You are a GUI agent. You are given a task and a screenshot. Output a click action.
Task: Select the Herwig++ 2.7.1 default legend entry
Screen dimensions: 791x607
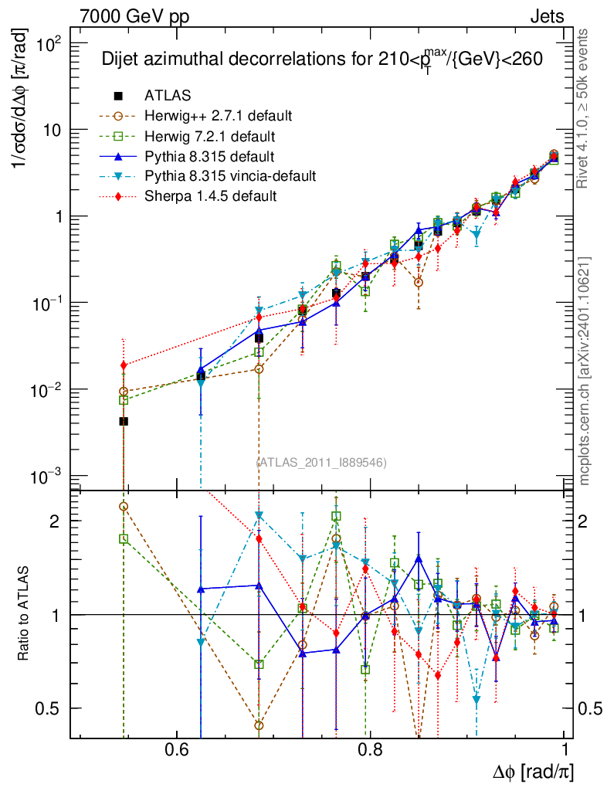(218, 116)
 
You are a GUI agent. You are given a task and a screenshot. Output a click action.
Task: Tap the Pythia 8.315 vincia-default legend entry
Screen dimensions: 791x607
(230, 176)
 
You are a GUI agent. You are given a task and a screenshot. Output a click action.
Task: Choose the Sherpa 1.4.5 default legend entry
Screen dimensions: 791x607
(210, 196)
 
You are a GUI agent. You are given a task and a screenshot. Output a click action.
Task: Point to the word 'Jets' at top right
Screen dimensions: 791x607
(546, 16)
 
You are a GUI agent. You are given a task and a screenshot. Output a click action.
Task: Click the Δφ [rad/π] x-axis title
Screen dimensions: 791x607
(533, 771)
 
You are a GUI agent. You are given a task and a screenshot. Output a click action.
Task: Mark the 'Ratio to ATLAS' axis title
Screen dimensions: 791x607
(25, 614)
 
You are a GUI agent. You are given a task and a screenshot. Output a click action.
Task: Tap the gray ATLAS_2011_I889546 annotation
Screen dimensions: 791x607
(321, 462)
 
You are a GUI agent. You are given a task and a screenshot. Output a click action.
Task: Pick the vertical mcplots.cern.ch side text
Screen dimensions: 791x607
(585, 371)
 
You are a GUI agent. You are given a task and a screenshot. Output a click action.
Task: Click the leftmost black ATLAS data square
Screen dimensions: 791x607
(124, 421)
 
